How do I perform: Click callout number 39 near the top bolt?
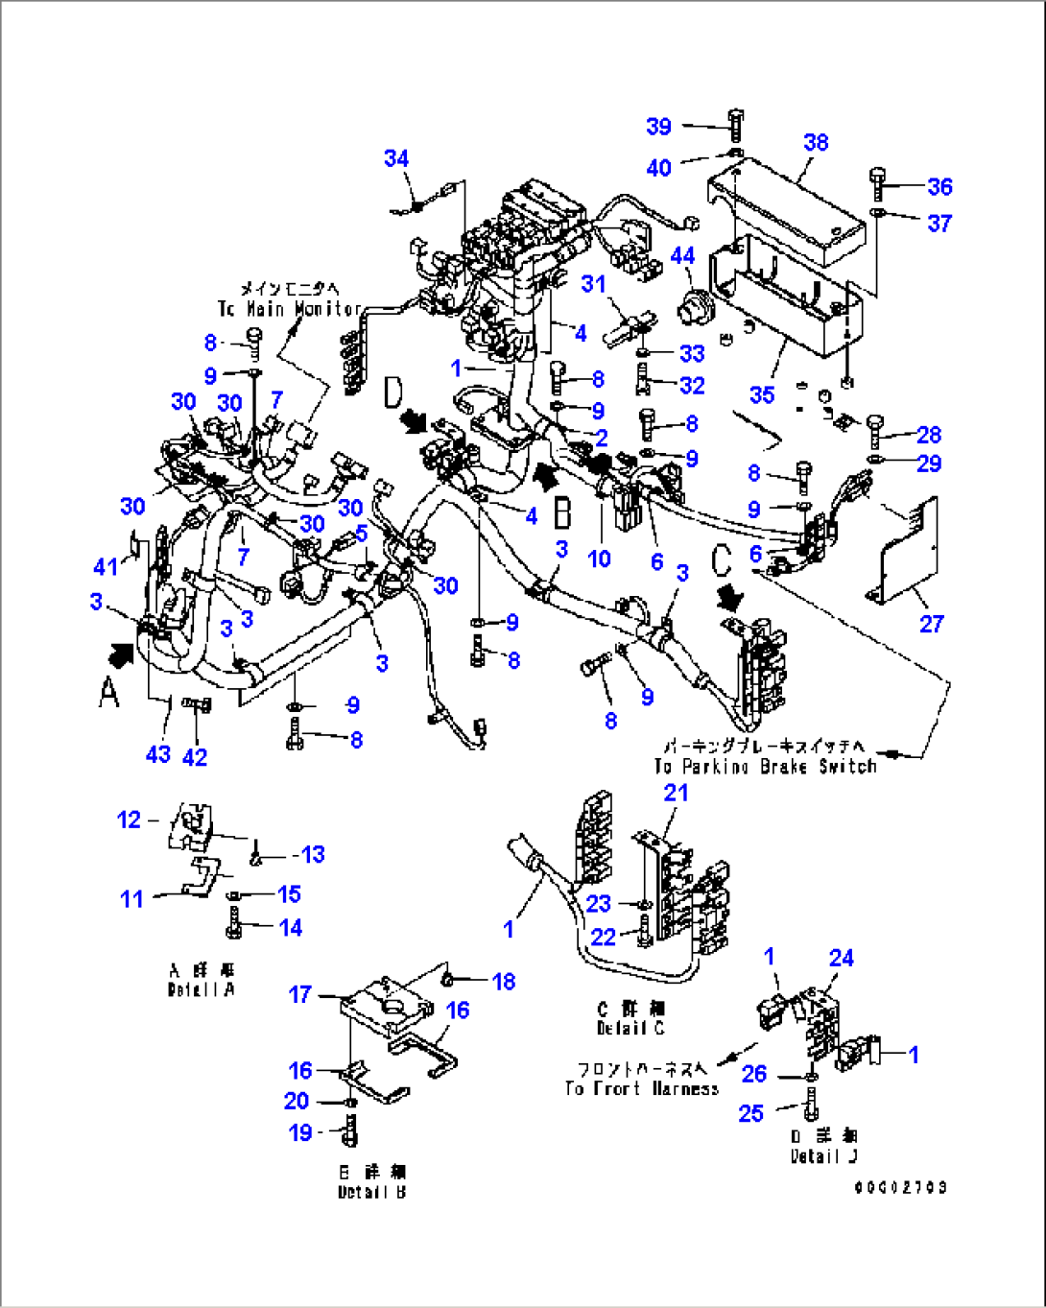coord(658,127)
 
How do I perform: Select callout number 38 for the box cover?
coord(816,143)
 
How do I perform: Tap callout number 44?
coord(682,256)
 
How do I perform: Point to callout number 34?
coord(396,158)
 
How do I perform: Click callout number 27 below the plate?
coord(932,624)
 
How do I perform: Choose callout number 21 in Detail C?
coord(677,793)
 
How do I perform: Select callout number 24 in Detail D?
coord(842,958)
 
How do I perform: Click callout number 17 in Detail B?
coord(300,994)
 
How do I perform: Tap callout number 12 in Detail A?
coord(129,820)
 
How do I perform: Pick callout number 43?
coord(158,755)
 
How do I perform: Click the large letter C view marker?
coord(724,562)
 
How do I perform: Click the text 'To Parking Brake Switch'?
coord(765,767)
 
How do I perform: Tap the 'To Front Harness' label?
coord(641,1089)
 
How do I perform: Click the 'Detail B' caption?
coord(371,1192)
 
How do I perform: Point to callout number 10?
coord(599,559)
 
